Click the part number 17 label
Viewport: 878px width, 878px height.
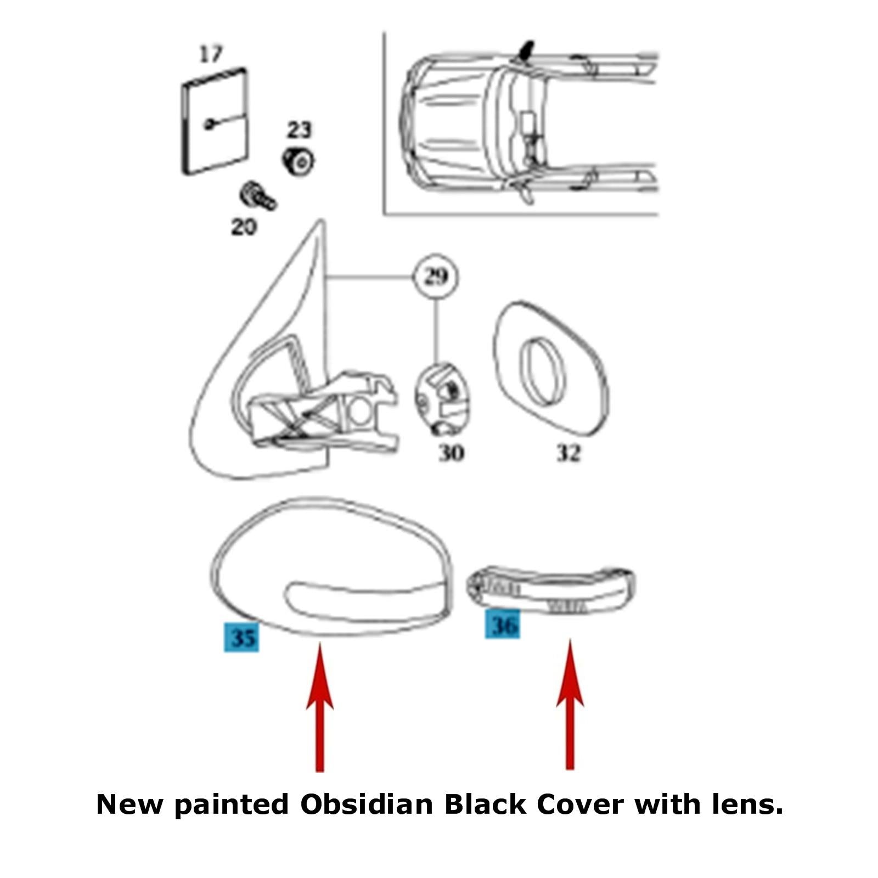211,54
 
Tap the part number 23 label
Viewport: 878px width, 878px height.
299,130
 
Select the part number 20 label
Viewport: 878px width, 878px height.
244,227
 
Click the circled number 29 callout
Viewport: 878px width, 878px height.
436,277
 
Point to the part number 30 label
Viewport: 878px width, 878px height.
451,453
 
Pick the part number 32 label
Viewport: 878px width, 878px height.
568,453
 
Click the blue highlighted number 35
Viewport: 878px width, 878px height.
242,637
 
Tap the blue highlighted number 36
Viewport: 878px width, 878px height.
503,624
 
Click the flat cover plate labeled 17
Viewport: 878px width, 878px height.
215,121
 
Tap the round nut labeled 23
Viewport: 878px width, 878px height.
298,161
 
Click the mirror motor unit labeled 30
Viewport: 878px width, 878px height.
442,399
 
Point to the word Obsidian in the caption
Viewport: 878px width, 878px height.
367,804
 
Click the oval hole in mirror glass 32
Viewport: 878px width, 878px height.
541,372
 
